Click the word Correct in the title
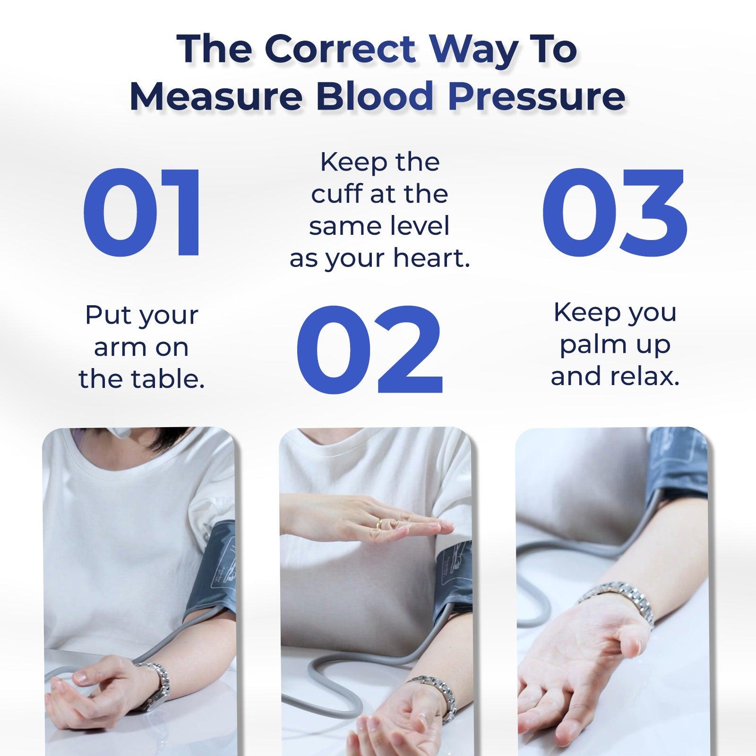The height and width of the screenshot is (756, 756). click(340, 49)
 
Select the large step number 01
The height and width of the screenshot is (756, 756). click(143, 211)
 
